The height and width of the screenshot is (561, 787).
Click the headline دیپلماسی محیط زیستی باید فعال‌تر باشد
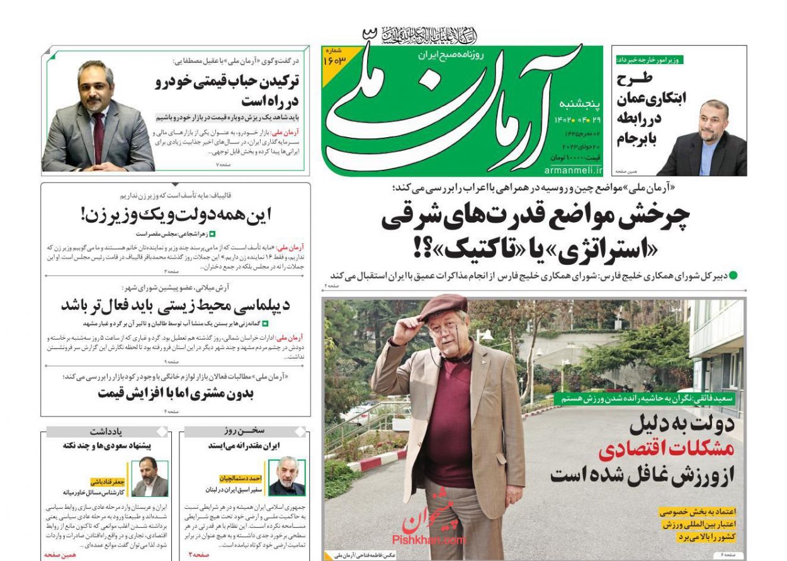point(175,306)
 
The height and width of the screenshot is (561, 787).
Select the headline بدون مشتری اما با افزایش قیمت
point(176,394)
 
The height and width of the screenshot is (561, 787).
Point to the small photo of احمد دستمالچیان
point(287,476)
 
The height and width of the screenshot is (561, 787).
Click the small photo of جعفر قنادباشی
point(149,476)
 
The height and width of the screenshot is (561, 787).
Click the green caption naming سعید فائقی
point(648,397)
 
